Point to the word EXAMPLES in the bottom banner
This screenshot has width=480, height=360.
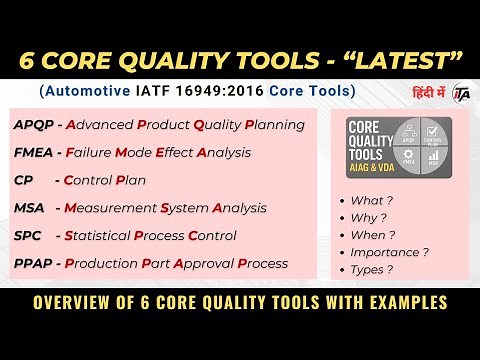[x=401, y=301]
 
